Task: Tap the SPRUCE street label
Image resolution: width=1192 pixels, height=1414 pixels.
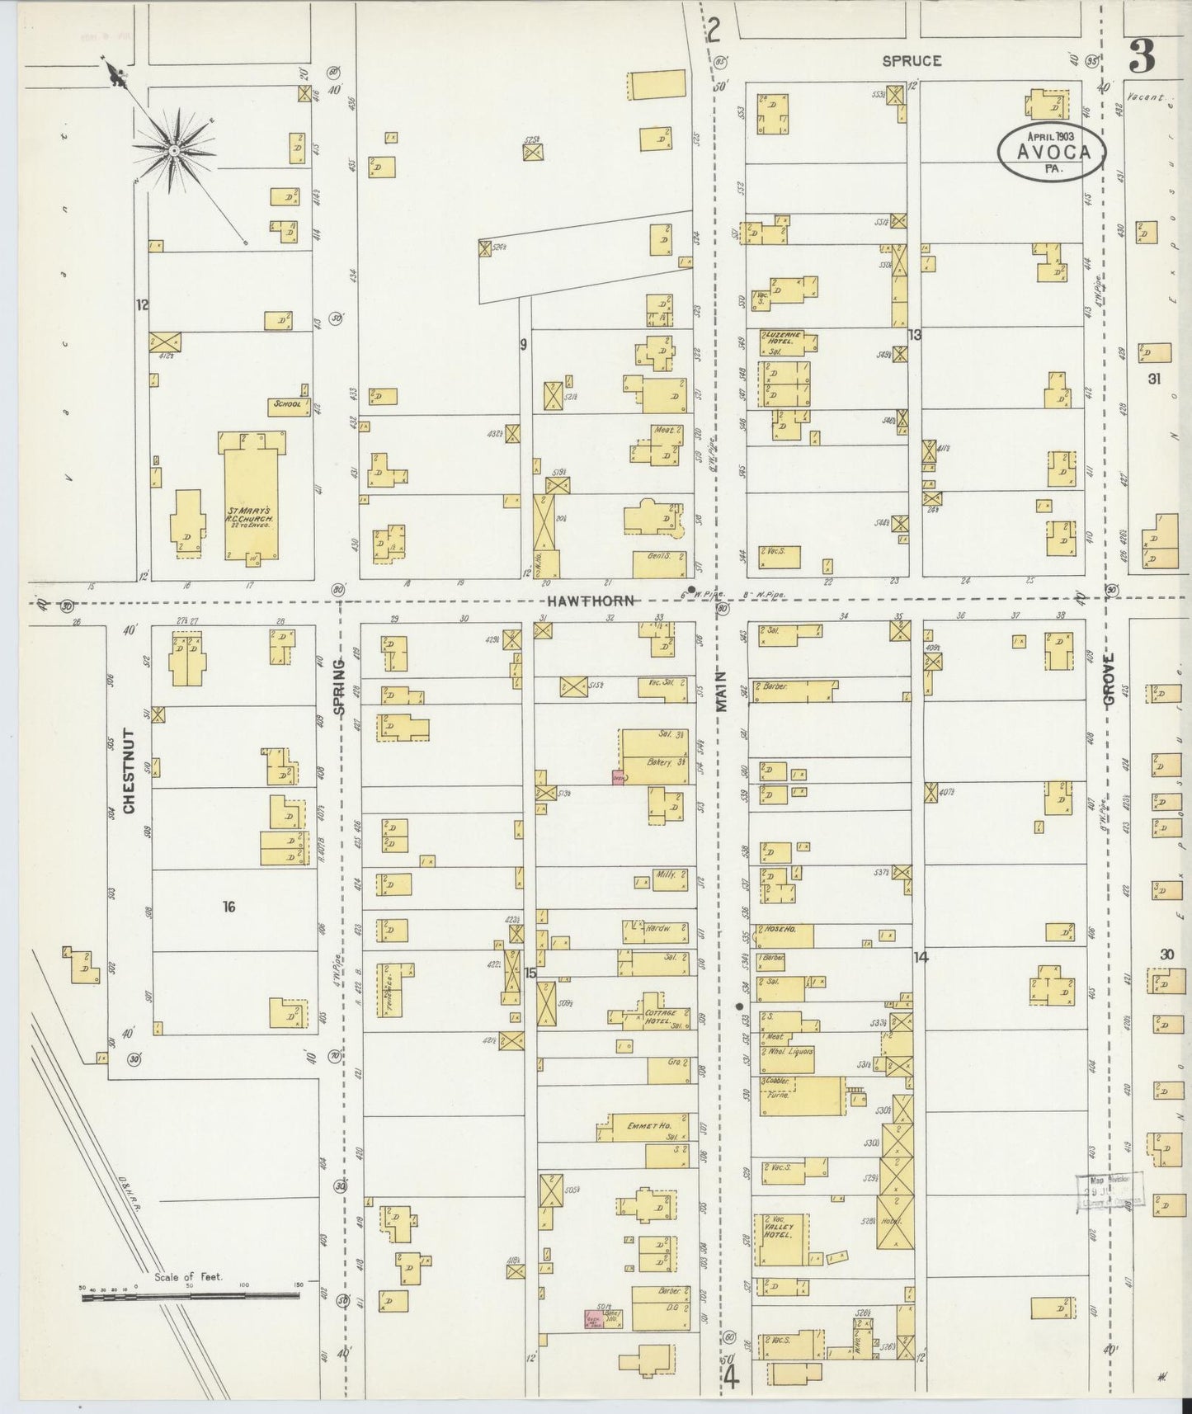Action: coord(912,61)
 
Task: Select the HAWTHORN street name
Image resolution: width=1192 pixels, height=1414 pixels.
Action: coord(589,601)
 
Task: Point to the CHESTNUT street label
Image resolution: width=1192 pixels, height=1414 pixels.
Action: coord(129,771)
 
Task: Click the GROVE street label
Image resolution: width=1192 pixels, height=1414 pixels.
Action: coord(1109,678)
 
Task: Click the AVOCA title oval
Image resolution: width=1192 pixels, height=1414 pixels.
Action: coord(1050,151)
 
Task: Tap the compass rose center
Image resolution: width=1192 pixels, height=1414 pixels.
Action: coord(174,151)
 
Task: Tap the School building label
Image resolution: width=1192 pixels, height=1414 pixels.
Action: coord(284,406)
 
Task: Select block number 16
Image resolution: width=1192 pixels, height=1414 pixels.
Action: coord(229,907)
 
